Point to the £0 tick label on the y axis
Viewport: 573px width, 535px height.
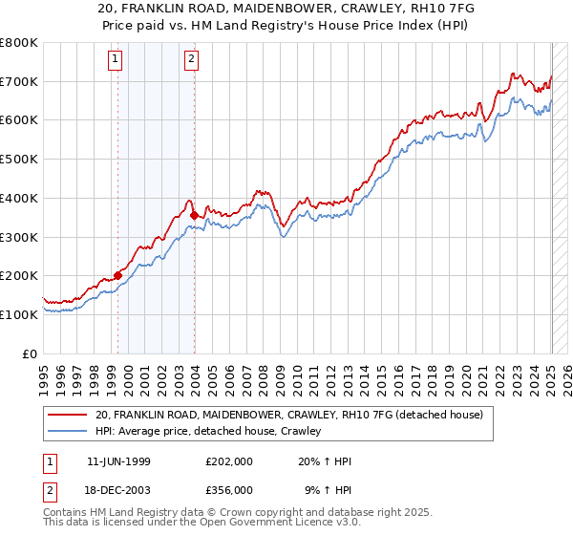click(x=29, y=353)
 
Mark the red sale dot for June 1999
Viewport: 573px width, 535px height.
click(x=118, y=275)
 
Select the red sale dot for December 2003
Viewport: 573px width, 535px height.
click(x=194, y=216)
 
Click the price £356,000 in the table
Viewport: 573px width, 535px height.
click(x=228, y=489)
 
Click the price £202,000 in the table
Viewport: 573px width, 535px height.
click(x=228, y=461)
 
